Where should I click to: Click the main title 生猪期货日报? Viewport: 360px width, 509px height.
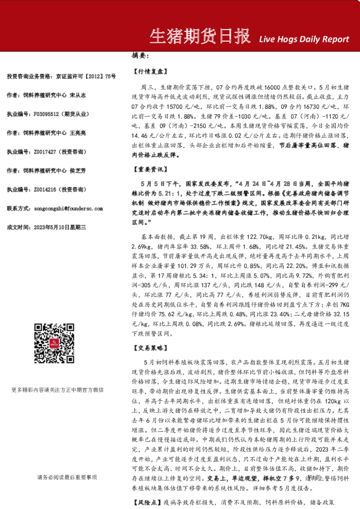tap(199, 37)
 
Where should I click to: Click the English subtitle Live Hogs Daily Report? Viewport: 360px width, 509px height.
tap(304, 39)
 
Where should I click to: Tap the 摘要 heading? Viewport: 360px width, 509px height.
tap(140, 56)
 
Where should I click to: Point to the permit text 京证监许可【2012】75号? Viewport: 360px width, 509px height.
tap(84, 76)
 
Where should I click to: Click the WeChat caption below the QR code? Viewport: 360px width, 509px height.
tap(66, 390)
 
